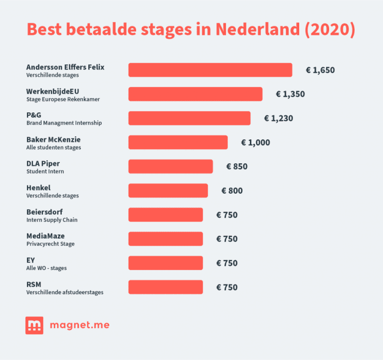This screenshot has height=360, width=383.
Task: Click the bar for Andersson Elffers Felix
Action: click(210, 70)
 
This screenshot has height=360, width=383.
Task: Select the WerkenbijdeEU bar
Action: click(195, 94)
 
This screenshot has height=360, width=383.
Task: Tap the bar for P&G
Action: click(189, 118)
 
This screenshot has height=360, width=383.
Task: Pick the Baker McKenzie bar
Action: click(178, 142)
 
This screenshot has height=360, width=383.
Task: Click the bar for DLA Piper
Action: click(171, 166)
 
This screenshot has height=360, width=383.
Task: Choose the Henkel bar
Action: click(168, 190)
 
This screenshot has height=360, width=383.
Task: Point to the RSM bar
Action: click(166, 287)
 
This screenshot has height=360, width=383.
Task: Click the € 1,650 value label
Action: click(320, 70)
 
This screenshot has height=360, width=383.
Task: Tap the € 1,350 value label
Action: click(290, 94)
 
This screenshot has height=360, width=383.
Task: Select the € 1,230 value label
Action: click(278, 118)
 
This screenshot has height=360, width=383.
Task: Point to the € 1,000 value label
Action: click(255, 143)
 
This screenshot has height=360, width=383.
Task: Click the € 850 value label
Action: click(237, 167)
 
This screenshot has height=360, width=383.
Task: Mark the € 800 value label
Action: click(232, 191)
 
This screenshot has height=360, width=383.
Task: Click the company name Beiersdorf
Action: click(44, 212)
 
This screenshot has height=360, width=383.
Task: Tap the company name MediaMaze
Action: click(45, 236)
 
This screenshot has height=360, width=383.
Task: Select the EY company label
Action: click(30, 260)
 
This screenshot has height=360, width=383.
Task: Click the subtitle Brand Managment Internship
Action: click(64, 123)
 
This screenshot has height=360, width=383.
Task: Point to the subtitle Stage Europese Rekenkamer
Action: click(63, 99)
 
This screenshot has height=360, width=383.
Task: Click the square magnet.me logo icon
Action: click(34, 326)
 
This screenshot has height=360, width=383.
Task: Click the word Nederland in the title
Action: click(257, 29)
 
